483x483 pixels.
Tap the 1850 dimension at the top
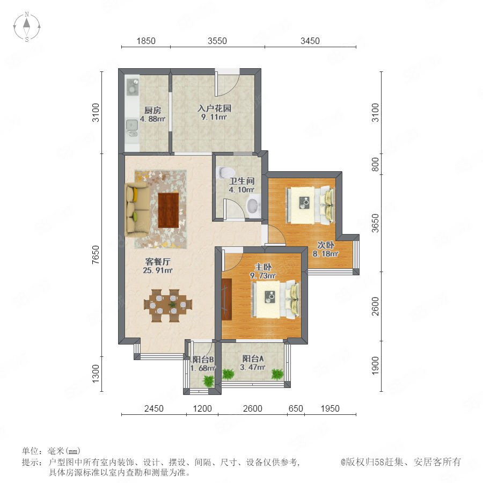tap(146, 41)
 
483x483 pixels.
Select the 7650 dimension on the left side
tap(96, 254)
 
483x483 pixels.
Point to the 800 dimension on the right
tap(375, 164)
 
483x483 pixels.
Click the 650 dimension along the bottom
tap(296, 408)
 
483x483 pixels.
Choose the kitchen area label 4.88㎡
tap(152, 119)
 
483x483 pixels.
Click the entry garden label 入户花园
tap(214, 108)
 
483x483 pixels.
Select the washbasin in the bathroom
tap(253, 206)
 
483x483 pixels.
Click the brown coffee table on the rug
tap(168, 210)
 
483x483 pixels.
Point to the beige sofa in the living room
tap(137, 209)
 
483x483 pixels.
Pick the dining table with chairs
tap(168, 305)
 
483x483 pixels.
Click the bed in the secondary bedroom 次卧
tap(310, 205)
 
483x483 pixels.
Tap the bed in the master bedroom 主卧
tap(276, 299)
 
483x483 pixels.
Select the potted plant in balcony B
tap(209, 380)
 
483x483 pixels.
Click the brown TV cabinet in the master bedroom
tap(226, 299)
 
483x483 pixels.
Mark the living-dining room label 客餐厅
tap(157, 262)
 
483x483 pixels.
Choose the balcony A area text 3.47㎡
tap(253, 367)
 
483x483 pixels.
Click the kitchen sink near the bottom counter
tap(132, 125)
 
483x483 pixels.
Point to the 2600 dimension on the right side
tap(375, 306)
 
